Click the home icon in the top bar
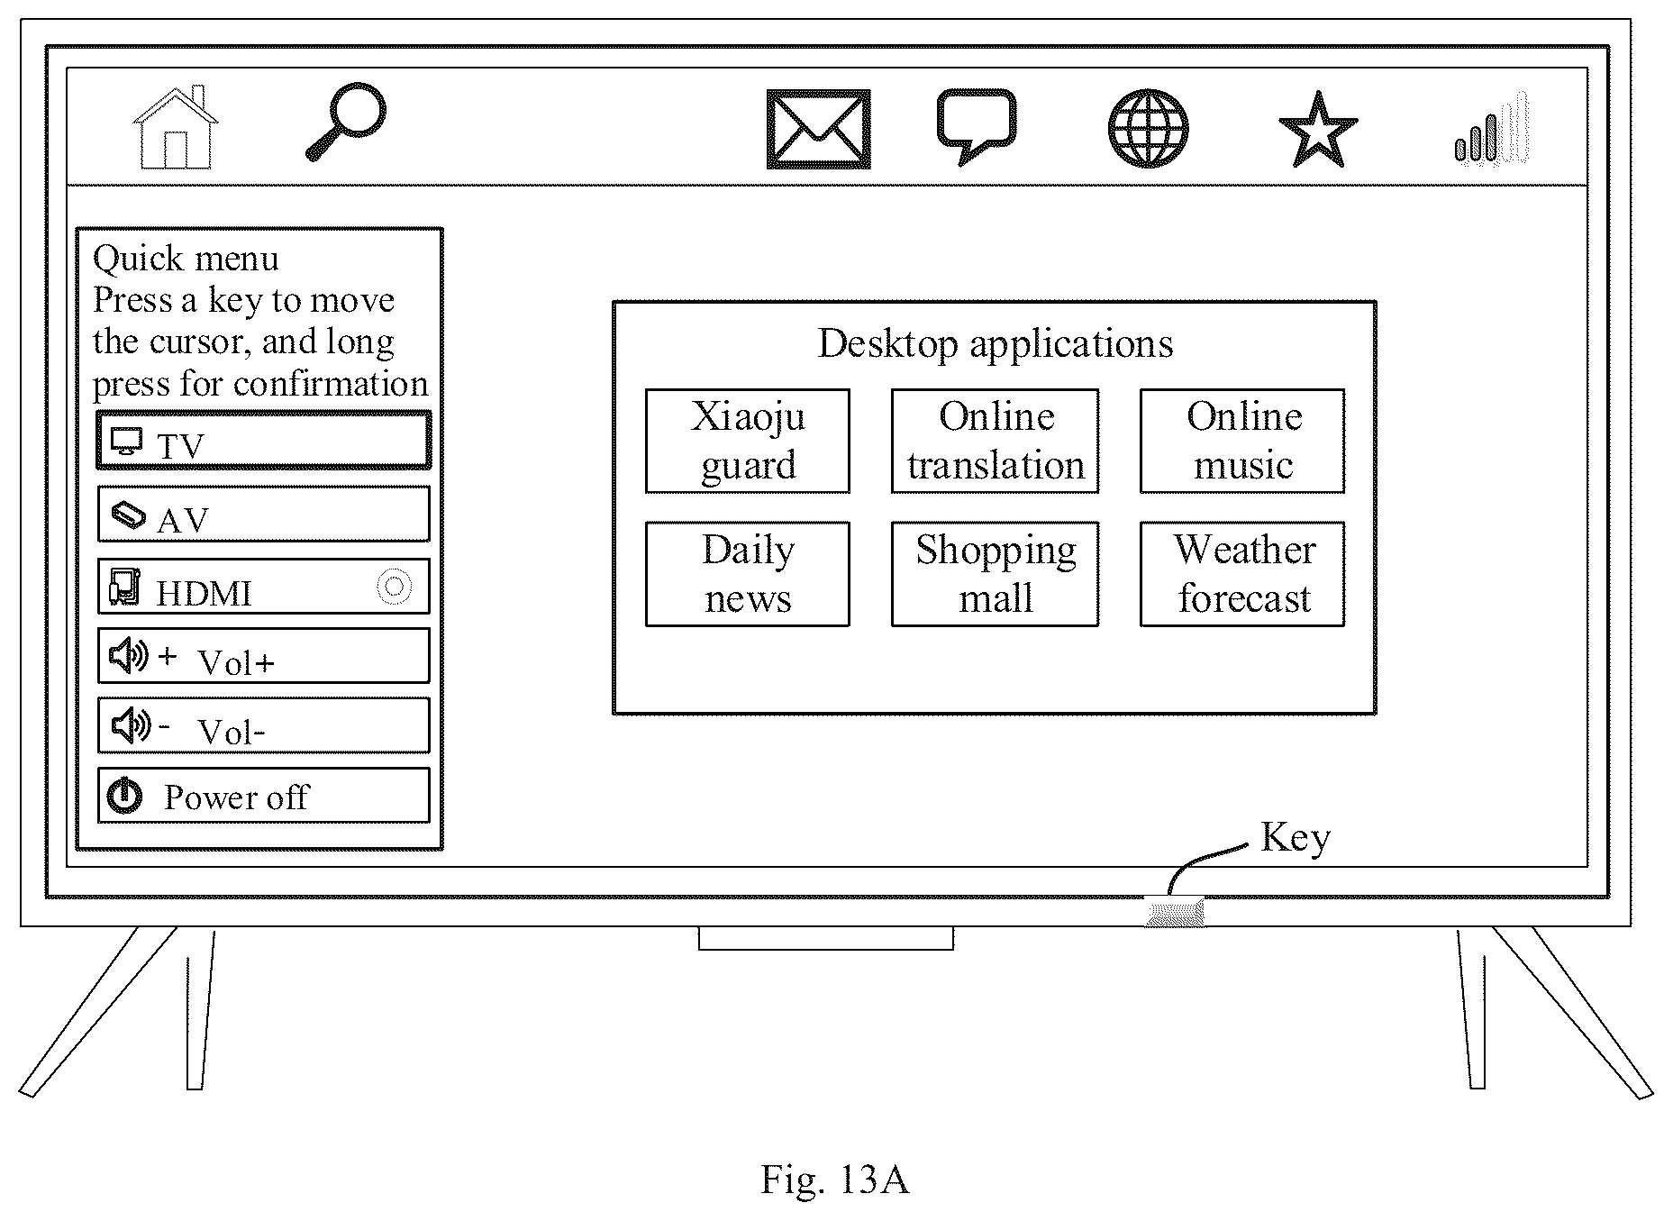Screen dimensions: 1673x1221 (x=176, y=127)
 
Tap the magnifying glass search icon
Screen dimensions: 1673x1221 (x=346, y=122)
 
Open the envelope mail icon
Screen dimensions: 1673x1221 (x=818, y=129)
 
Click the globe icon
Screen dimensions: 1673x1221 (x=1148, y=128)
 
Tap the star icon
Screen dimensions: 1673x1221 (x=1318, y=129)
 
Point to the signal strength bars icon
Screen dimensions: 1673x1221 (x=1491, y=127)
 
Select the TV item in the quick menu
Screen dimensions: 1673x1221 (x=264, y=440)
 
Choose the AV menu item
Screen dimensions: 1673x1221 (x=264, y=514)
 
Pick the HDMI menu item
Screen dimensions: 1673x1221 (x=264, y=587)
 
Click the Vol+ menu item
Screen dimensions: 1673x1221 (x=264, y=656)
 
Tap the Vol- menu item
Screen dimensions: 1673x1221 (x=264, y=725)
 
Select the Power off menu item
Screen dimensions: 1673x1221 (x=264, y=796)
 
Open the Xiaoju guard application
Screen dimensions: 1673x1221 (x=748, y=441)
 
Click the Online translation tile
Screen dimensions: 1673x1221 (x=996, y=441)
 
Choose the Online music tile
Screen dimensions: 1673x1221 (x=1242, y=441)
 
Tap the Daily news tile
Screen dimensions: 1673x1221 (x=748, y=574)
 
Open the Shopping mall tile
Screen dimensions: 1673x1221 (x=996, y=574)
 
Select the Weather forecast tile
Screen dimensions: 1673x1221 (x=1242, y=574)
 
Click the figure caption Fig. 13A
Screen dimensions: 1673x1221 (x=835, y=1179)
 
